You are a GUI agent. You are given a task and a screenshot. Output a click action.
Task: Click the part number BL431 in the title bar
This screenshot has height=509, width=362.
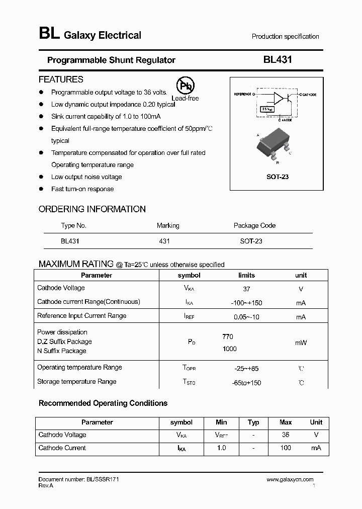point(278,60)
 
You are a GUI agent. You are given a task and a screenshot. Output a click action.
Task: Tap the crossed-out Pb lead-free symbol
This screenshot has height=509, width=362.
point(185,86)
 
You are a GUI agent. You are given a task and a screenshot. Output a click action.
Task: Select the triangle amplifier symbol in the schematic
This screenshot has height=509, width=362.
point(279,98)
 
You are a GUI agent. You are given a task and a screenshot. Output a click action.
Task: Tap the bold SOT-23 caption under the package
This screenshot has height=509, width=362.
point(278,177)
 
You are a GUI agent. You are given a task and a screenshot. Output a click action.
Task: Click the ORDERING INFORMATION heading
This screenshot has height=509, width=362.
point(92,209)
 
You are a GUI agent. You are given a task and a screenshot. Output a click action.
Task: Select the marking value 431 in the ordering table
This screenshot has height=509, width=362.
point(164,241)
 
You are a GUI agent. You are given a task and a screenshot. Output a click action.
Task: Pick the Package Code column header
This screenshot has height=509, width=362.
point(254,226)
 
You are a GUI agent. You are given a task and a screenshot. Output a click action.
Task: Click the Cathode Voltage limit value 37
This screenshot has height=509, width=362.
point(246,289)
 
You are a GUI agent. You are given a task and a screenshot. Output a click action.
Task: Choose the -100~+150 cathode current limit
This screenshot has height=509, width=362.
point(246,303)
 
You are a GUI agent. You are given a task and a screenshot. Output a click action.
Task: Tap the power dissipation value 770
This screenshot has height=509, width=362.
point(227,336)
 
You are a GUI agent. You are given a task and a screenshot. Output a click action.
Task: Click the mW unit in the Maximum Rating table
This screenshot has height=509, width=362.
point(301,343)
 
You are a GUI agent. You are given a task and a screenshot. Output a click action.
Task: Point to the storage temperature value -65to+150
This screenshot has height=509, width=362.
point(246,383)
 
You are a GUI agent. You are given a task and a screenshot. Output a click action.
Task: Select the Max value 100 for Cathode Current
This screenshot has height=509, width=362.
point(286,448)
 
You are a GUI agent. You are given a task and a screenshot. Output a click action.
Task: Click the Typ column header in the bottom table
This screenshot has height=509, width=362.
point(253,422)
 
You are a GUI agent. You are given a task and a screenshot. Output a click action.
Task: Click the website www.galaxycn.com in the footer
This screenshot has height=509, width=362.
point(290,480)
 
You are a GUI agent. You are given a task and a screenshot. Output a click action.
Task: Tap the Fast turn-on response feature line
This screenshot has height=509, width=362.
point(82,189)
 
